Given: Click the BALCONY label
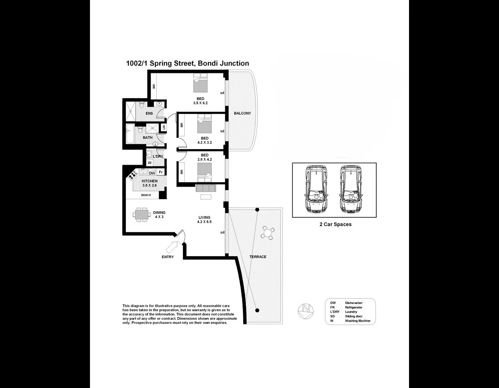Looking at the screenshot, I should click(x=242, y=113).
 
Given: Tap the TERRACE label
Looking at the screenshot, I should click(x=258, y=257).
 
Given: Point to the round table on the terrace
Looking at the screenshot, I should click(x=268, y=233).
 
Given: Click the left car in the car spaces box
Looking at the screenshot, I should click(x=315, y=190).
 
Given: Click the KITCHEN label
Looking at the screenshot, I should click(x=149, y=181).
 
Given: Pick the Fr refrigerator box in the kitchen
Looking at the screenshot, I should click(x=161, y=172).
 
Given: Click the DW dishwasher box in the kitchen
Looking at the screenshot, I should click(x=152, y=173).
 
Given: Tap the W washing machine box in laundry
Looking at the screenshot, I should click(x=149, y=163).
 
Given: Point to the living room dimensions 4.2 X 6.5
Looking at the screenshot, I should click(x=204, y=222).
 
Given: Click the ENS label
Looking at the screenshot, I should click(x=149, y=113).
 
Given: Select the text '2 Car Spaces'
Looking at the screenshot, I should click(x=335, y=225).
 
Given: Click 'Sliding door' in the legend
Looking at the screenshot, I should click(x=353, y=316).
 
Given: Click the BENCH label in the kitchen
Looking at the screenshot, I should click(x=146, y=195).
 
